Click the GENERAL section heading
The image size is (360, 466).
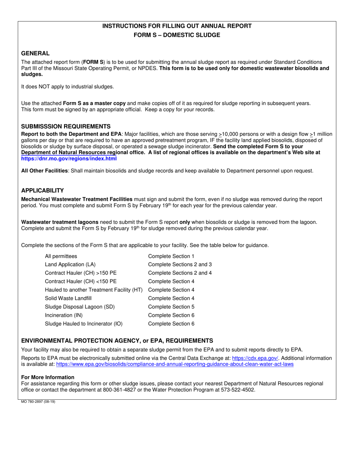pyautogui.click(x=35, y=53)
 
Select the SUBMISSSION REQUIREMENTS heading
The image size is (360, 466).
pyautogui.click(x=66, y=126)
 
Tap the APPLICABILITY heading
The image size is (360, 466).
pyautogui.click(x=42, y=191)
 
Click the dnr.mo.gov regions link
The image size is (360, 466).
pyautogui.click(x=69, y=158)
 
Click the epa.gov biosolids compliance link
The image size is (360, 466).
pyautogui.click(x=175, y=364)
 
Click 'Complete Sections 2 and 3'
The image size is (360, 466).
pyautogui.click(x=180, y=264)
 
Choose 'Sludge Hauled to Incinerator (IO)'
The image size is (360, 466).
pyautogui.click(x=83, y=324)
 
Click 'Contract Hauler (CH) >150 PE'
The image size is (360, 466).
pyautogui.click(x=81, y=273)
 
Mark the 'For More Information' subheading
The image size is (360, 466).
pyautogui.click(x=48, y=377)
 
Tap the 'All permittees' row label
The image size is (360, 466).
pyautogui.click(x=61, y=256)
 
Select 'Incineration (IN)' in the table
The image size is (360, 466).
pyautogui.click(x=64, y=315)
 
